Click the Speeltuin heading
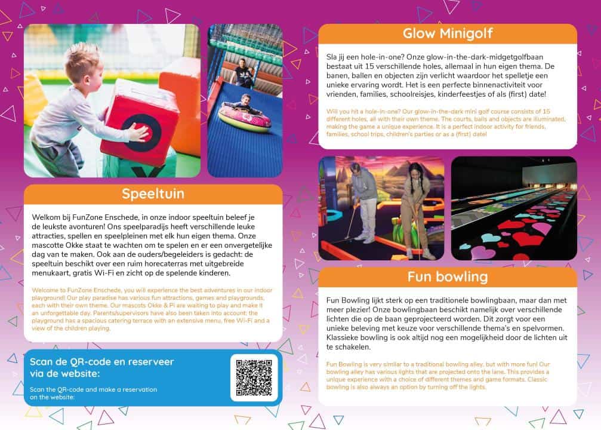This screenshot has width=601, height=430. tap(153, 194)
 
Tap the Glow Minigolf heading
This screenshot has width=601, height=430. tap(448, 33)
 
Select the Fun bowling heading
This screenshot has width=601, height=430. tap(448, 277)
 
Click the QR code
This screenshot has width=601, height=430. tap(254, 377)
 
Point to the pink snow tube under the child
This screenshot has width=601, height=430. tap(244, 116)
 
